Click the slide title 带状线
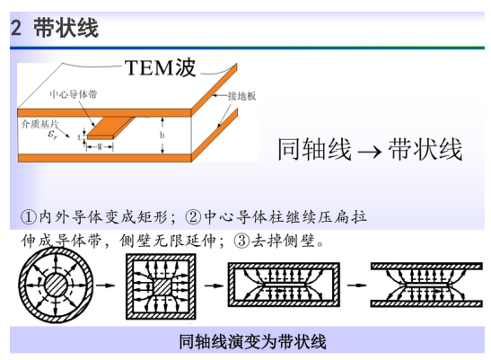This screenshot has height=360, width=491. pos(66,28)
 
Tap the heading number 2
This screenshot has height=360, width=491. pos(16,28)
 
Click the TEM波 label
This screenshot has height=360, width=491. pos(161,67)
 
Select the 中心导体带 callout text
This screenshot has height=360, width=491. pos(74,94)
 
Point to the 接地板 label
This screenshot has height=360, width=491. pos(241,96)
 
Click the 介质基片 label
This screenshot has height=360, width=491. pos(39,124)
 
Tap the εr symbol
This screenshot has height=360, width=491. pos(52,135)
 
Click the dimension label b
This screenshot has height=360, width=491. pos(162,135)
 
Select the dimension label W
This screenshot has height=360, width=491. pos(100,146)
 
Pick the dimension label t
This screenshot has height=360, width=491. pos(79,137)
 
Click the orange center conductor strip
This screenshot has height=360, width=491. pos(111,128)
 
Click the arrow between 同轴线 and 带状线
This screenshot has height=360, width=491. pos(370,152)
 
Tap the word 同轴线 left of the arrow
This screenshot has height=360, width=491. pos(314,149)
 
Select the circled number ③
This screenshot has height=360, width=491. pos(241,241)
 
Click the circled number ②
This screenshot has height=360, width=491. pos(193,217)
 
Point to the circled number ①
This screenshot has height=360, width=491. pos(29,217)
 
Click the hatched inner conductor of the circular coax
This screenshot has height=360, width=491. pos(56,285)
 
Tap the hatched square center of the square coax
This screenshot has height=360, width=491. pos(162,286)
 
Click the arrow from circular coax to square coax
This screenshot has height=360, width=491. pos(106,285)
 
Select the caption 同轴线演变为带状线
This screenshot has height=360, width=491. pos(252,341)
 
